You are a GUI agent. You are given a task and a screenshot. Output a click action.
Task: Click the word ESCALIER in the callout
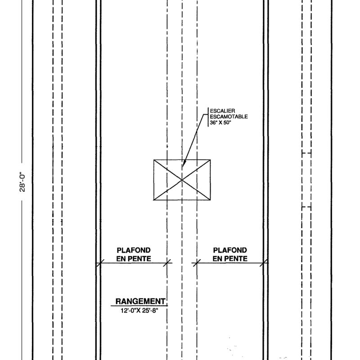[222, 111]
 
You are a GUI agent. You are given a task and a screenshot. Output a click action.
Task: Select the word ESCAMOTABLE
[229, 117]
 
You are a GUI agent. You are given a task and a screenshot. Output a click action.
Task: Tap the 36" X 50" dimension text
[220, 122]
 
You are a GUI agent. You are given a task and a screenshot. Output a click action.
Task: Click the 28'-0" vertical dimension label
[22, 182]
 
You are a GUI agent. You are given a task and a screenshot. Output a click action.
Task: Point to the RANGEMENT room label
[140, 301]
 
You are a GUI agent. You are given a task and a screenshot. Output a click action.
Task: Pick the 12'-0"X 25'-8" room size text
[139, 310]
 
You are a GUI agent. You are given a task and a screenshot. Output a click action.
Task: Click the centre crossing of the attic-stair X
[182, 180]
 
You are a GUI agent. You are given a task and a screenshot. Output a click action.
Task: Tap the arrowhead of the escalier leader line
[184, 163]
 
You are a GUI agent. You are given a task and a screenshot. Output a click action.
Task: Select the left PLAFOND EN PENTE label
[134, 254]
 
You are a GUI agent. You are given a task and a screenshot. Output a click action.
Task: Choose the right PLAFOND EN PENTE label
[230, 254]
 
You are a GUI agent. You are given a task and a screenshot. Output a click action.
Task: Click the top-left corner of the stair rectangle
[154, 160]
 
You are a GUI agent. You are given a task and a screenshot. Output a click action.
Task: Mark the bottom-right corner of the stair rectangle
[210, 200]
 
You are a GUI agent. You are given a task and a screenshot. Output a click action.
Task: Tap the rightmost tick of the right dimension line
[264, 263]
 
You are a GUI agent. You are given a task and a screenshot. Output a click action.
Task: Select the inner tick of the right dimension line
[197, 263]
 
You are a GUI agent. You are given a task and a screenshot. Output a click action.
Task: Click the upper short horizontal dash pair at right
[307, 153]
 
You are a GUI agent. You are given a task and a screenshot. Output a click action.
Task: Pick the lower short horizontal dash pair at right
[307, 207]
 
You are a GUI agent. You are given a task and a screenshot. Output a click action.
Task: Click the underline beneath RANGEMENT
[139, 306]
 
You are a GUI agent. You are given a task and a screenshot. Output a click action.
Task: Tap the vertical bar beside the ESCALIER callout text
[208, 117]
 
